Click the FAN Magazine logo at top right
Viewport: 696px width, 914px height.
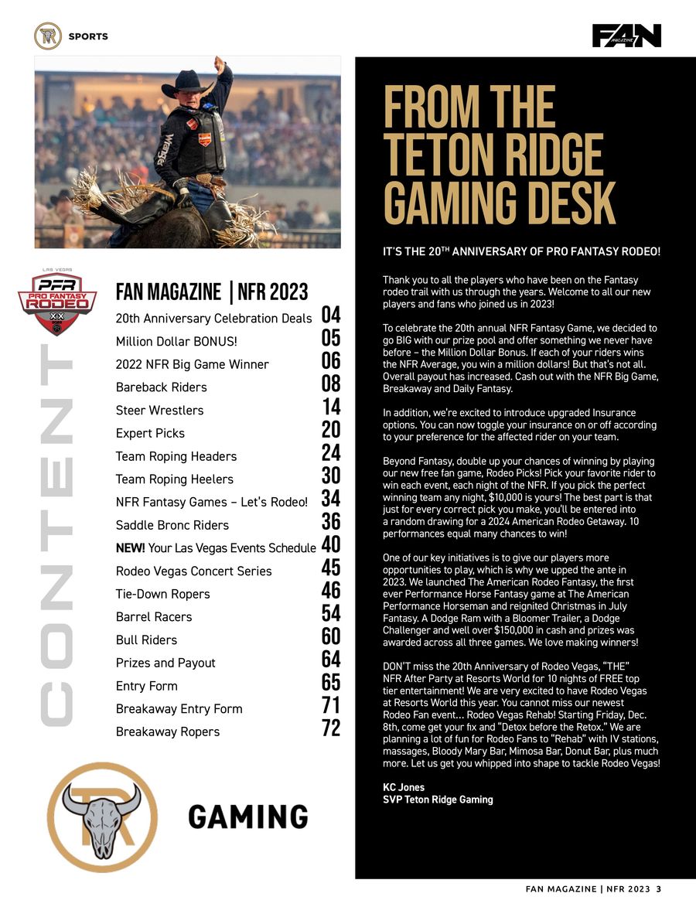click(626, 36)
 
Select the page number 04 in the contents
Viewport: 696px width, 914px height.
click(331, 315)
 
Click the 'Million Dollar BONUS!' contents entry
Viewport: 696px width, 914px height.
click(176, 341)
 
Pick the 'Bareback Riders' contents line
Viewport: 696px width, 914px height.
click(161, 387)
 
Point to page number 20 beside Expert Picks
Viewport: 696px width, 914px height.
click(331, 431)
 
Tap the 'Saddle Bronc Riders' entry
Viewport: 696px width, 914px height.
click(172, 525)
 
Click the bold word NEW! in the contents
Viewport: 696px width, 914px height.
click(130, 548)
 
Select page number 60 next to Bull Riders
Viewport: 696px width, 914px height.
click(331, 637)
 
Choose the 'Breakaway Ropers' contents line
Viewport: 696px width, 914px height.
click(167, 732)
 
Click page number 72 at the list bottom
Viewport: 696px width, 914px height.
click(331, 729)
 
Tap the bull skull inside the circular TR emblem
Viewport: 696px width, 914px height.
click(102, 817)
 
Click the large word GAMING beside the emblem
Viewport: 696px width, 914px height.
click(247, 817)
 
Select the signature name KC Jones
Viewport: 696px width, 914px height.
click(404, 787)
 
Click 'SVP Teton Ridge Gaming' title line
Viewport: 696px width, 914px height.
click(438, 800)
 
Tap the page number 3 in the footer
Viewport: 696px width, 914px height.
click(658, 888)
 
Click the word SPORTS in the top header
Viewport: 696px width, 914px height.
click(88, 36)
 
